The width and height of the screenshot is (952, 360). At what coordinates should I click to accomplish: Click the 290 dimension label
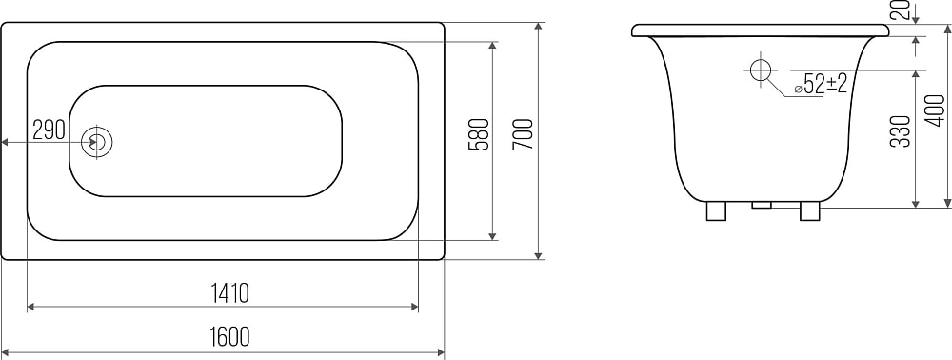click(49, 130)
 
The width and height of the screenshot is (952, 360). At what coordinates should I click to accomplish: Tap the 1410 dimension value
click(230, 293)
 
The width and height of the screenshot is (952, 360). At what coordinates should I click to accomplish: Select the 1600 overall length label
click(230, 336)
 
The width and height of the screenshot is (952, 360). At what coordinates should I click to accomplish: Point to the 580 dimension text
click(479, 134)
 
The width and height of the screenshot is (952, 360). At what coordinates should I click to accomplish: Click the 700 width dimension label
click(523, 134)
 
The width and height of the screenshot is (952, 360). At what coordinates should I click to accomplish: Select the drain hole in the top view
click(96, 142)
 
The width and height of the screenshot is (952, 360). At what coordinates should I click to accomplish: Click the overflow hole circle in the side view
click(760, 70)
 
